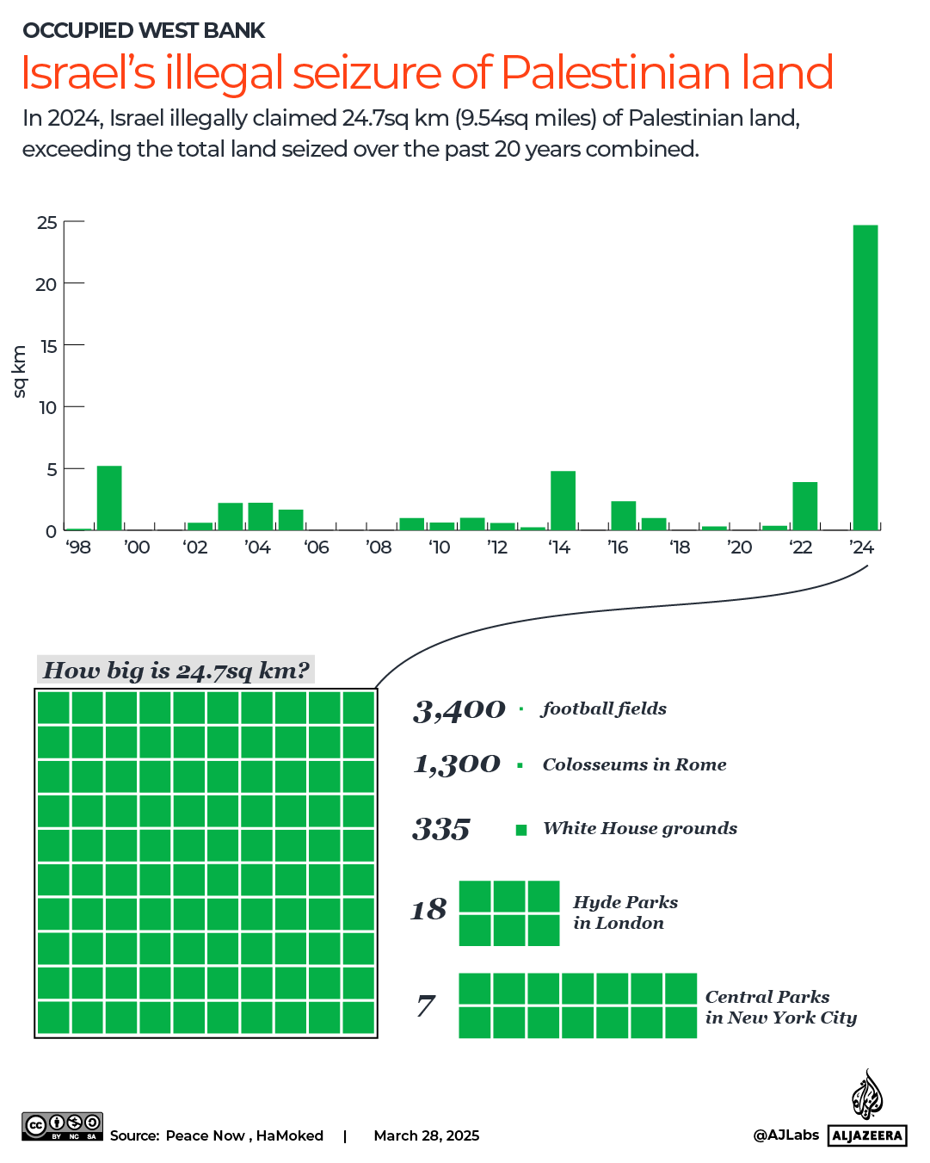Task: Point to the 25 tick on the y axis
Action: (47, 222)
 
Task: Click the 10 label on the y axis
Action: (47, 407)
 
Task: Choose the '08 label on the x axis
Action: (379, 547)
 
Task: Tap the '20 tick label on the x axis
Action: (739, 547)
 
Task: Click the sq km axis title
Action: (20, 372)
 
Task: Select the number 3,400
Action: (459, 710)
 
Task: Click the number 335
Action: (441, 829)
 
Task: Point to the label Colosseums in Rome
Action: (634, 764)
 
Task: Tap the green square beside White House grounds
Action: (520, 830)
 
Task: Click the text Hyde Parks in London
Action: (625, 912)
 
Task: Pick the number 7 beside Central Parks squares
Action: (426, 1005)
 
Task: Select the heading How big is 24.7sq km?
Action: (176, 670)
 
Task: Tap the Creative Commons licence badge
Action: (62, 1126)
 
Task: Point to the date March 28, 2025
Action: (426, 1135)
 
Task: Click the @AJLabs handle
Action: (785, 1135)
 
